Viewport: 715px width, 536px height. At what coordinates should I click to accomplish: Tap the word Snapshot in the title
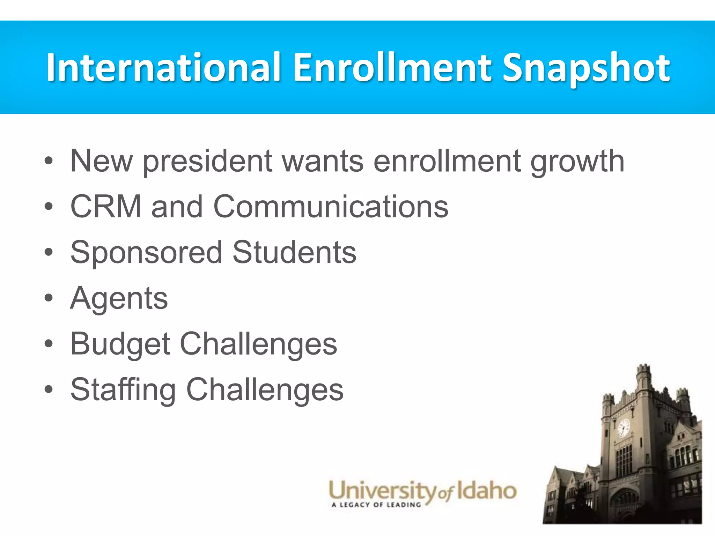[587, 68]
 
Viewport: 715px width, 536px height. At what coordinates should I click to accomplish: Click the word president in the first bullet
[207, 162]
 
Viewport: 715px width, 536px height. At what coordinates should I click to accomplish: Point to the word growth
[577, 162]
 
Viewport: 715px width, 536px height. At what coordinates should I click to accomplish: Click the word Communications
[331, 207]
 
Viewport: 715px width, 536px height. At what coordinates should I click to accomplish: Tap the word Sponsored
[146, 253]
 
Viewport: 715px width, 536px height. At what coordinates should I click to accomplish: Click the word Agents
[119, 299]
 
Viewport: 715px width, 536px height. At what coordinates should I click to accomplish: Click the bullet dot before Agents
[49, 299]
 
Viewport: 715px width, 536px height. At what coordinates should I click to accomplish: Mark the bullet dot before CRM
[49, 207]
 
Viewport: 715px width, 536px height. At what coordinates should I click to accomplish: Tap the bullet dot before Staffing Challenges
[49, 390]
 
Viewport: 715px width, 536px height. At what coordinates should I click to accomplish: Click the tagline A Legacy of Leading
[376, 505]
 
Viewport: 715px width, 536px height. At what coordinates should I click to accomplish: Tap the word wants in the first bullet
[323, 162]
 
